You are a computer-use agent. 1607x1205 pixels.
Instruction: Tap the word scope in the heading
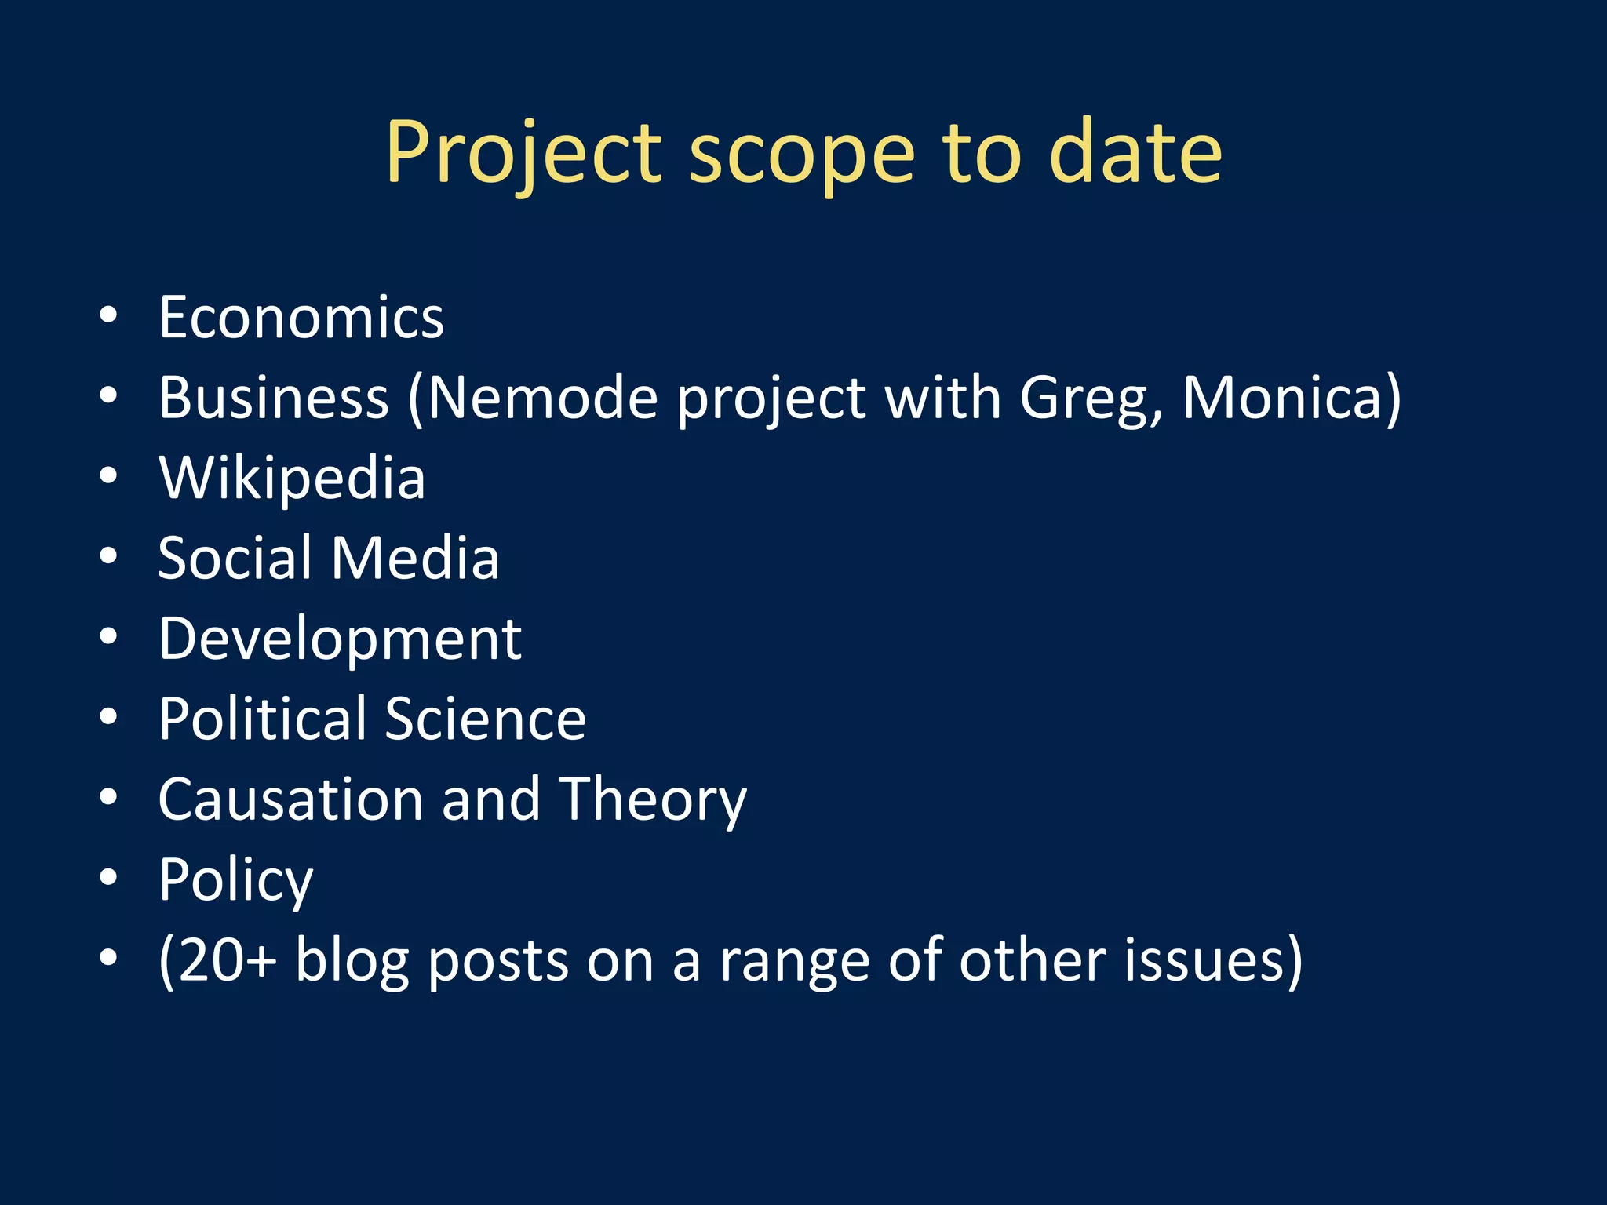pos(801,155)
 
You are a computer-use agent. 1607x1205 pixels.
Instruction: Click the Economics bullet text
pos(301,317)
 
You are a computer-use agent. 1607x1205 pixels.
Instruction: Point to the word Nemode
pos(542,397)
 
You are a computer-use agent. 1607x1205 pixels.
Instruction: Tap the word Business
pos(274,397)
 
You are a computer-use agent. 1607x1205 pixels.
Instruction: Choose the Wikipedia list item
pos(292,478)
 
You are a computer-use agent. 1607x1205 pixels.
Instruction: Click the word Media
pos(415,558)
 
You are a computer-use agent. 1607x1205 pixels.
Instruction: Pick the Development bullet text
pos(340,639)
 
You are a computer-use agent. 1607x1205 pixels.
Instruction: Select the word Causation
pos(290,799)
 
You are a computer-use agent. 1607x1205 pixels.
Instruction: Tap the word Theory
pos(652,800)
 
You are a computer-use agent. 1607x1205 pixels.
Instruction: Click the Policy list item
pos(235,880)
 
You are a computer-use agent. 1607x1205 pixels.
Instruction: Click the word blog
pos(352,960)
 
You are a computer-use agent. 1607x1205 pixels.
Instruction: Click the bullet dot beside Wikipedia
pos(108,475)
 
